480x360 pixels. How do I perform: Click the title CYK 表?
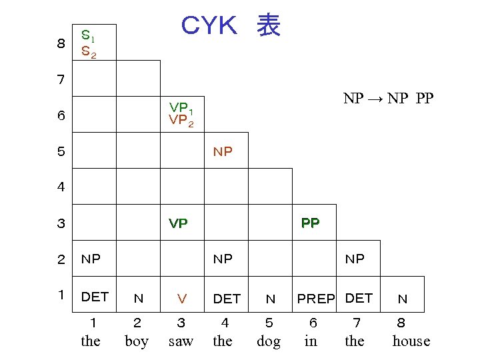231,26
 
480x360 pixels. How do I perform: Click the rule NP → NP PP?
388,99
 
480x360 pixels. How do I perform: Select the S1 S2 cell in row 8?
89,43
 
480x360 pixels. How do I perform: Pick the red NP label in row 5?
223,152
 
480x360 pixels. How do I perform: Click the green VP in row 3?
178,223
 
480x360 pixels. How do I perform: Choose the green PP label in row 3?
310,223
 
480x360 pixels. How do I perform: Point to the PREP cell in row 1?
316,299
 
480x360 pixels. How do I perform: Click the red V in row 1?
181,299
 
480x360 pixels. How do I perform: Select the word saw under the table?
181,341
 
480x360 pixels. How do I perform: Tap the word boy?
137,341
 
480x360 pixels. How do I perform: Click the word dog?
269,341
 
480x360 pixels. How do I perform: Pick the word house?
411,341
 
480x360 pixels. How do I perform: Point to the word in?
311,341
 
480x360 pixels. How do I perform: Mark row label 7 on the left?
61,80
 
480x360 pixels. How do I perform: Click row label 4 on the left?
61,187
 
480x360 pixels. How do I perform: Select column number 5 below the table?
269,323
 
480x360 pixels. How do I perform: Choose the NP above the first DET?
91,259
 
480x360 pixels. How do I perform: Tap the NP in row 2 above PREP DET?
355,259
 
